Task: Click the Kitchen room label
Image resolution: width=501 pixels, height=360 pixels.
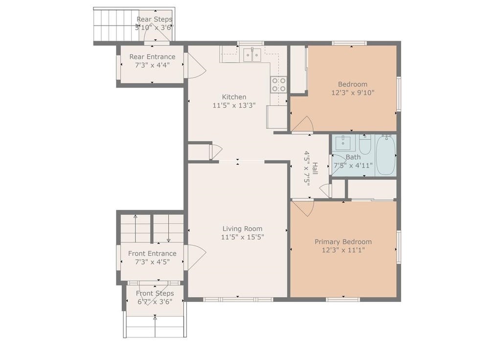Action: [x=234, y=97]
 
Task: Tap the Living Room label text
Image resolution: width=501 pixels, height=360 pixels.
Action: [x=242, y=229]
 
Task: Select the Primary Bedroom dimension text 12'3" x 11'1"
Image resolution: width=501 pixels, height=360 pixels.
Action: [x=343, y=250]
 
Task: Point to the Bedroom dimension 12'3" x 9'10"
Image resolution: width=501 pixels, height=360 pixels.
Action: [x=353, y=92]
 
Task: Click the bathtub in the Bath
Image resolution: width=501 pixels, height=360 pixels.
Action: [x=386, y=155]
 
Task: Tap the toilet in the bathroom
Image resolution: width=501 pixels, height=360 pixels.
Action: [x=364, y=145]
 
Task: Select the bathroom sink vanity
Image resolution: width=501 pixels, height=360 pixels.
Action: [x=343, y=143]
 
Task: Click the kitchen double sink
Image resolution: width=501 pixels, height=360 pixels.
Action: [x=252, y=55]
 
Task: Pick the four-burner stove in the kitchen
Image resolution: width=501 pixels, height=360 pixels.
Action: [x=278, y=84]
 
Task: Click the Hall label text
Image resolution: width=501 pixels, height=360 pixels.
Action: [x=315, y=168]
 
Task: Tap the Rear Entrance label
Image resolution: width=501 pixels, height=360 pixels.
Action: [x=152, y=57]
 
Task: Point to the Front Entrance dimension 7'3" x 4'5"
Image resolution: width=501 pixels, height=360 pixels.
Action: [x=152, y=262]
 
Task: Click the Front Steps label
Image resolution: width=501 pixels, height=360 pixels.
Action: [x=155, y=293]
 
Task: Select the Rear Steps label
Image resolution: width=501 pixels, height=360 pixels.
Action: [x=154, y=20]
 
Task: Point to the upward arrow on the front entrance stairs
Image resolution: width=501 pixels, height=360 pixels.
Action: [x=135, y=228]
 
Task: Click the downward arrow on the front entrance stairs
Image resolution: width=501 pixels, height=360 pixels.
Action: [x=168, y=228]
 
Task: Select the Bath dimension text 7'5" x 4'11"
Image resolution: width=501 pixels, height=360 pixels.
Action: [x=353, y=165]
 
